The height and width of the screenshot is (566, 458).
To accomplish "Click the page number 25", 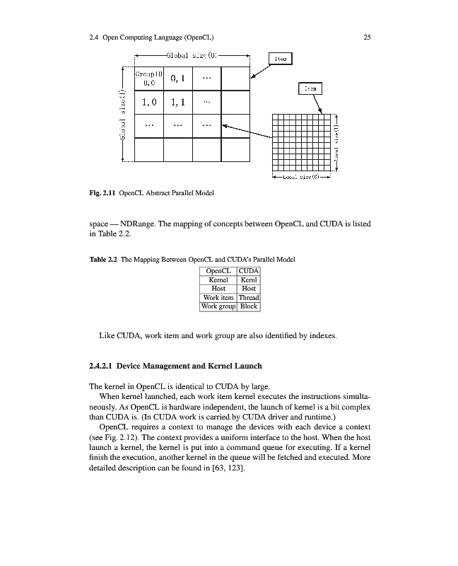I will pos(367,37).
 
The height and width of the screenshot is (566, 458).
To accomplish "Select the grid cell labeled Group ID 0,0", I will pos(149,79).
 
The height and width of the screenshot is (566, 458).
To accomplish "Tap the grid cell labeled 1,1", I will pos(177,103).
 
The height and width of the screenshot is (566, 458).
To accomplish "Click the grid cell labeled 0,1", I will pos(177,79).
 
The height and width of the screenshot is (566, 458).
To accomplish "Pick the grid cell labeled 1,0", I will pos(149,103).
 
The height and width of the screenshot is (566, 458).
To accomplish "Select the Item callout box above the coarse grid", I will pos(281,59).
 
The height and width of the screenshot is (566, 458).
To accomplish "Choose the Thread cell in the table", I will pos(249,298).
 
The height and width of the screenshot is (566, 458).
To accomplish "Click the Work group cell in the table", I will pos(218,307).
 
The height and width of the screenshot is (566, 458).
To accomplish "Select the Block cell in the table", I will pos(249,307).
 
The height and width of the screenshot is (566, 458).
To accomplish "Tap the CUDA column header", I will pos(249,271).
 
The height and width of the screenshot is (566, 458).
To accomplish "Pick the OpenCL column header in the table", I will pos(218,271).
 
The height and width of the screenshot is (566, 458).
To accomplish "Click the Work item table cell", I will pos(218,298).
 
